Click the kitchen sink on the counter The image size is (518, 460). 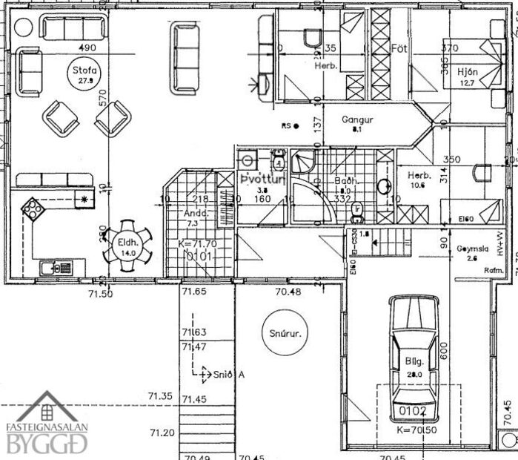point(53,267)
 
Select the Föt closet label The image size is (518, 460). point(400,47)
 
